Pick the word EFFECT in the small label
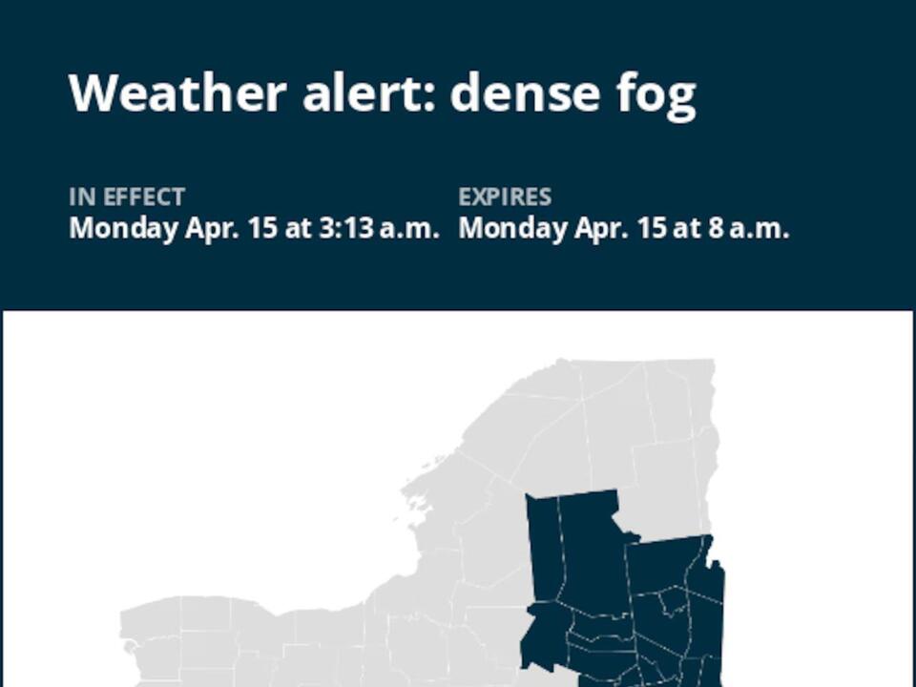(x=143, y=198)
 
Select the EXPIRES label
(x=505, y=198)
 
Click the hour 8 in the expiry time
(x=715, y=229)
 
